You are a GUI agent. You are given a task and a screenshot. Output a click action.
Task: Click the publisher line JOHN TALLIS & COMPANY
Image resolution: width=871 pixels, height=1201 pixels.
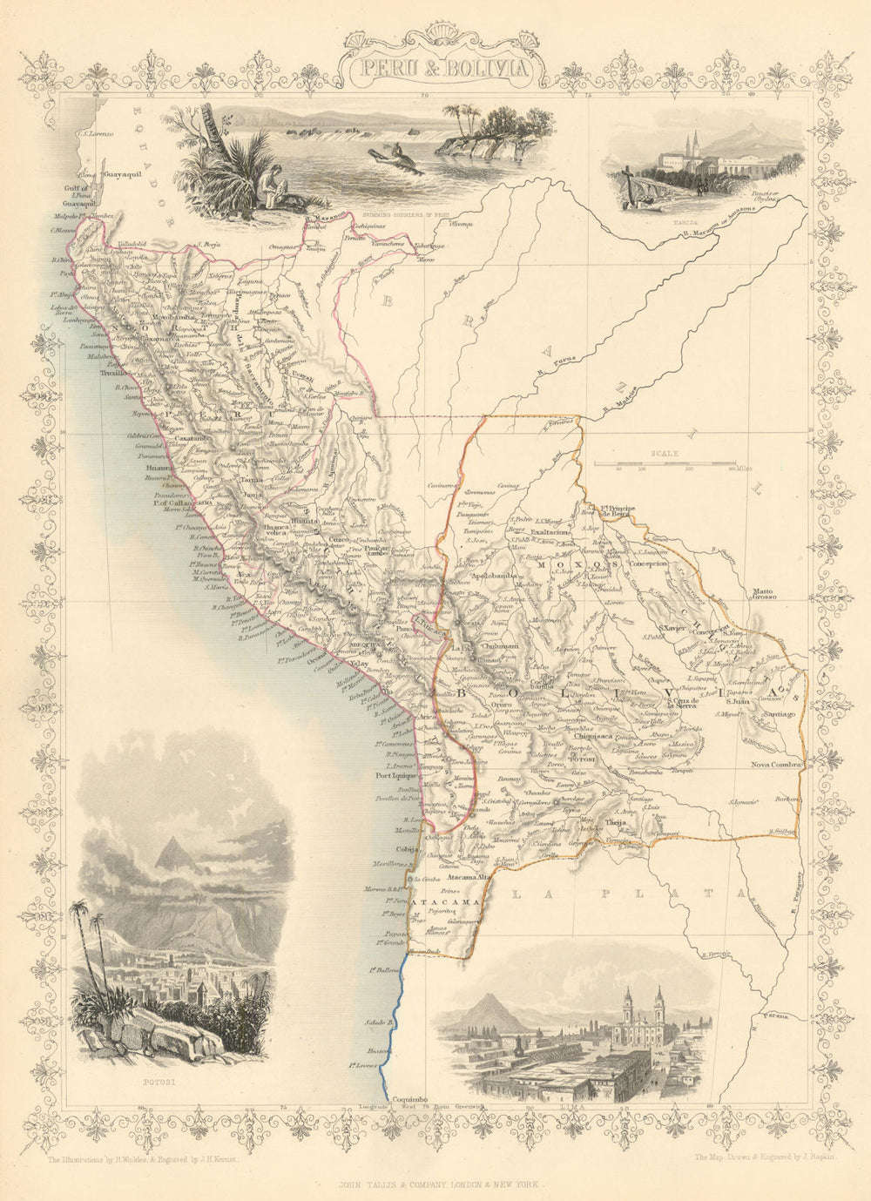coord(434,1184)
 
